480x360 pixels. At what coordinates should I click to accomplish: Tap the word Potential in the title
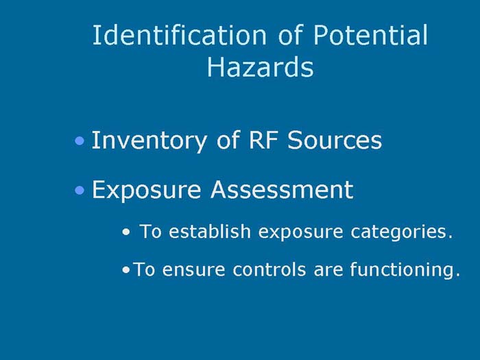click(371, 36)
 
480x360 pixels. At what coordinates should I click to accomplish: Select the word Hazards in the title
click(260, 68)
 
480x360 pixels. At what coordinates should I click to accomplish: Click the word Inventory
click(141, 141)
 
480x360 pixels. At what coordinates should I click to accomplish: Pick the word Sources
click(334, 141)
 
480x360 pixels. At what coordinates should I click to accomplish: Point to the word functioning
click(404, 270)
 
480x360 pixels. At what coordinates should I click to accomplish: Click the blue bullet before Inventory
click(81, 142)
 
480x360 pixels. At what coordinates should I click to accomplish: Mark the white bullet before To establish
click(125, 233)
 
